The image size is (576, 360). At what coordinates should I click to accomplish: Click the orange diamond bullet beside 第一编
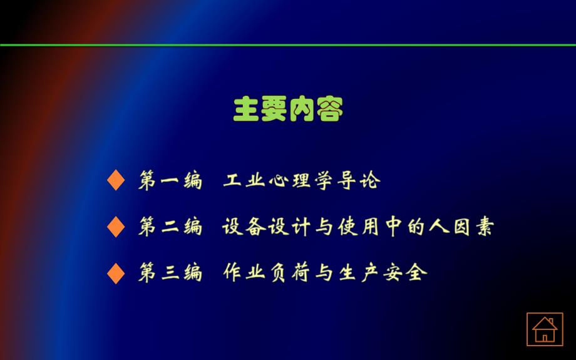(x=116, y=180)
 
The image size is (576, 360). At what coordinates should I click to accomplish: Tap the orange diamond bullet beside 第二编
(x=116, y=227)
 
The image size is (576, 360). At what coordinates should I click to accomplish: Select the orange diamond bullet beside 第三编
(x=116, y=273)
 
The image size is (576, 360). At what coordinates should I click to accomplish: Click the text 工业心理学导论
(x=302, y=181)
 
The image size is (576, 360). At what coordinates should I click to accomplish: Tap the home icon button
(x=544, y=329)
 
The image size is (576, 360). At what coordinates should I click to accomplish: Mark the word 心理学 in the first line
(x=302, y=181)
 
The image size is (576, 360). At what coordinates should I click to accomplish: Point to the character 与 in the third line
(x=324, y=273)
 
